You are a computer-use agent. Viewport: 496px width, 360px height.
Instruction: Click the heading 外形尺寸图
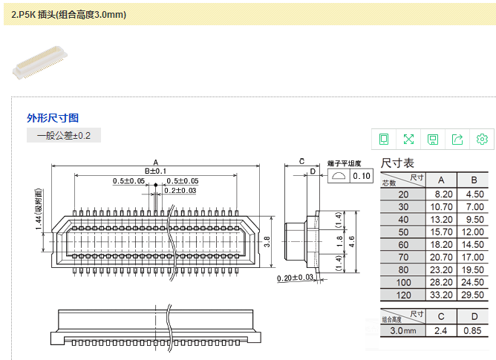pyautogui.click(x=53, y=118)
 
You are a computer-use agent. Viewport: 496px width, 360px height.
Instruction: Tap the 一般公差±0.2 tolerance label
pyautogui.click(x=64, y=135)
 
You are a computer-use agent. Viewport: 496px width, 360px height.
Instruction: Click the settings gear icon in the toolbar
pyautogui.click(x=482, y=139)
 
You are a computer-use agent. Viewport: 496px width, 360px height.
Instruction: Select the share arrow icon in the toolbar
pyautogui.click(x=457, y=139)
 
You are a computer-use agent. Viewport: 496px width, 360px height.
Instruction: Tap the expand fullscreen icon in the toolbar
pyautogui.click(x=408, y=139)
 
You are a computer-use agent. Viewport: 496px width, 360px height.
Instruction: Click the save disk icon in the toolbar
pyautogui.click(x=433, y=139)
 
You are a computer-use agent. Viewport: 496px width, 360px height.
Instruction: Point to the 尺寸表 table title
pyautogui.click(x=397, y=163)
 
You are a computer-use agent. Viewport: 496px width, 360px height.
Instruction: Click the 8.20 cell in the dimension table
pyautogui.click(x=441, y=193)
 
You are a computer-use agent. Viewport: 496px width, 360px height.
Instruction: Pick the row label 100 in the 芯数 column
pyautogui.click(x=403, y=281)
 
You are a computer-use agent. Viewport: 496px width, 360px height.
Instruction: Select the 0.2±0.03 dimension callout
pyautogui.click(x=180, y=191)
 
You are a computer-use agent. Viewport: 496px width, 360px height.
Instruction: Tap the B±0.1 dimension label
pyautogui.click(x=155, y=171)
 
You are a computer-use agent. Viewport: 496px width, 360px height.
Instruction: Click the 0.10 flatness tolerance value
pyautogui.click(x=362, y=176)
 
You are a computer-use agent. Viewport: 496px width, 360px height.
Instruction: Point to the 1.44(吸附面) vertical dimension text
pyautogui.click(x=38, y=210)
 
